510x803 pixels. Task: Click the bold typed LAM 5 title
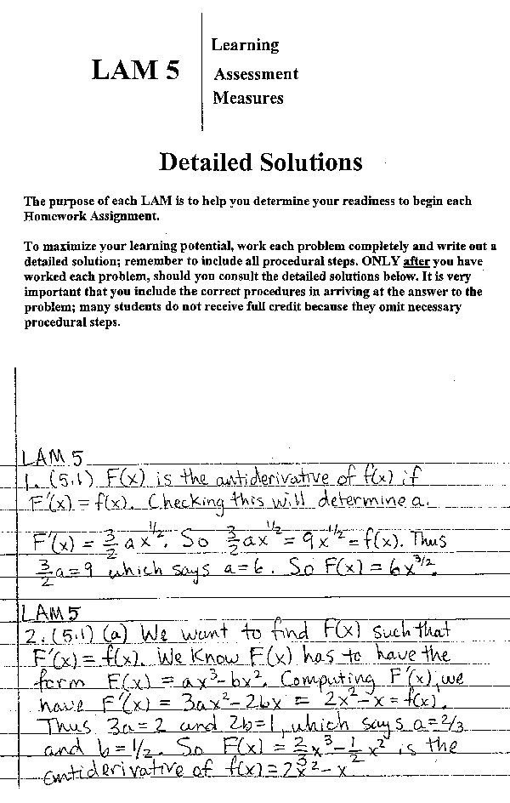[135, 71]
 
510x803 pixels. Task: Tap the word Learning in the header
[245, 44]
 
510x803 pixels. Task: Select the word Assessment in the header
[256, 74]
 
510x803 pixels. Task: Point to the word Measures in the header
[248, 98]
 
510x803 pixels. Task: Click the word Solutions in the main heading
[309, 162]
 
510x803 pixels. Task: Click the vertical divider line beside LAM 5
[202, 71]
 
